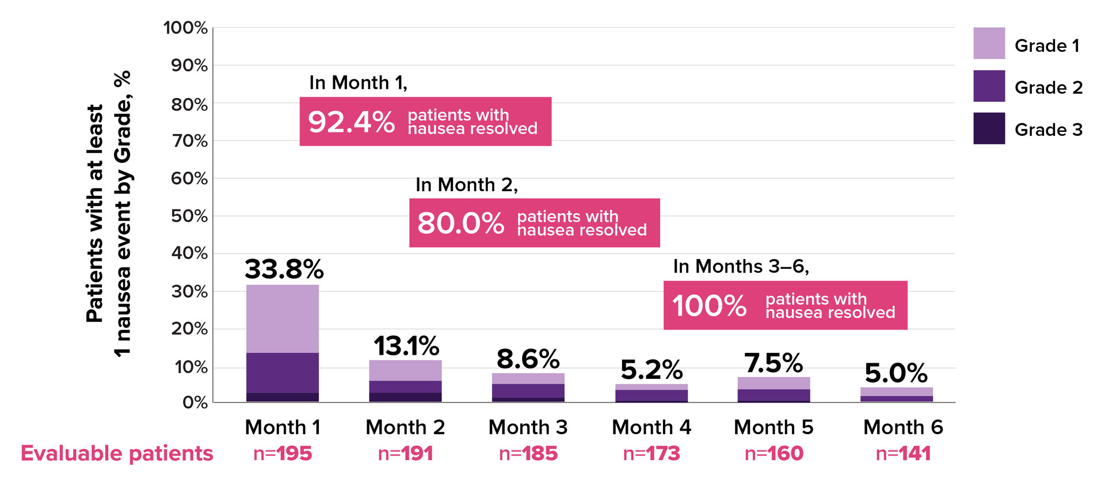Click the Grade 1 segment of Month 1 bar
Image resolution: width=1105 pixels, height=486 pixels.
point(282,318)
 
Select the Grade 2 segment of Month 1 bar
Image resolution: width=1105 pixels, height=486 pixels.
point(282,373)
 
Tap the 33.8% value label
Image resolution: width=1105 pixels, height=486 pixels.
point(284,269)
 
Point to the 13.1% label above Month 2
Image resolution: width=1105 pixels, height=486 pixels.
point(406,346)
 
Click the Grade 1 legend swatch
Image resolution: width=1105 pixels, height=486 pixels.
point(989,43)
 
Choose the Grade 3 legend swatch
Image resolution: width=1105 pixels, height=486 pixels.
point(989,128)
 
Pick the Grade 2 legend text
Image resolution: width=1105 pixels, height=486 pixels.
point(1048,88)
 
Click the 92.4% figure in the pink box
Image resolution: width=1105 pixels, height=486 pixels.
point(351,122)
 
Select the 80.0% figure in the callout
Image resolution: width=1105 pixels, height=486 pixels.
point(460,223)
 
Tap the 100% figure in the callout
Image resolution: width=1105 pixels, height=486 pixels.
point(709,306)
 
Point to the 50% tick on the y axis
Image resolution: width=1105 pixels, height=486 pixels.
point(189,216)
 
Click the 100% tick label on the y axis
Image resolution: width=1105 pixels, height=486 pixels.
point(185,28)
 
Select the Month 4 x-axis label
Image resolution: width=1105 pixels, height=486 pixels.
point(651,427)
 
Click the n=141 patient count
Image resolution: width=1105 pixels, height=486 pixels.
point(902,454)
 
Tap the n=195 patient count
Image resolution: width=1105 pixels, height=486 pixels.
point(282,454)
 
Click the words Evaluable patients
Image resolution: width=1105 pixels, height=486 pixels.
point(117,454)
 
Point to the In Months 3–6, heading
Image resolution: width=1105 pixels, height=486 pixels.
point(741,266)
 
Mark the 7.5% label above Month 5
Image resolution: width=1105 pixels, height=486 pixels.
point(773,363)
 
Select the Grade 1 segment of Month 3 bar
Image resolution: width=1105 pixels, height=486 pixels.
point(528,378)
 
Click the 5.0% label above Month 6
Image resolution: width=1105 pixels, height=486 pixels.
point(896,374)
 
